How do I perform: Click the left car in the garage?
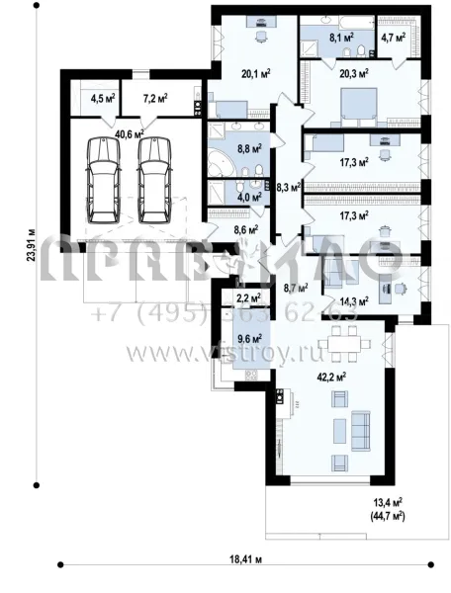coord(102,178)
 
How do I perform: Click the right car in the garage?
coord(151,178)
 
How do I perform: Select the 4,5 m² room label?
coord(103,99)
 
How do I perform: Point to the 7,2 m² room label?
coord(155,99)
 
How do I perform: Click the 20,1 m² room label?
coord(256,71)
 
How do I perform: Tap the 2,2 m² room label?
coord(246,296)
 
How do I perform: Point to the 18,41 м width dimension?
coord(238,559)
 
